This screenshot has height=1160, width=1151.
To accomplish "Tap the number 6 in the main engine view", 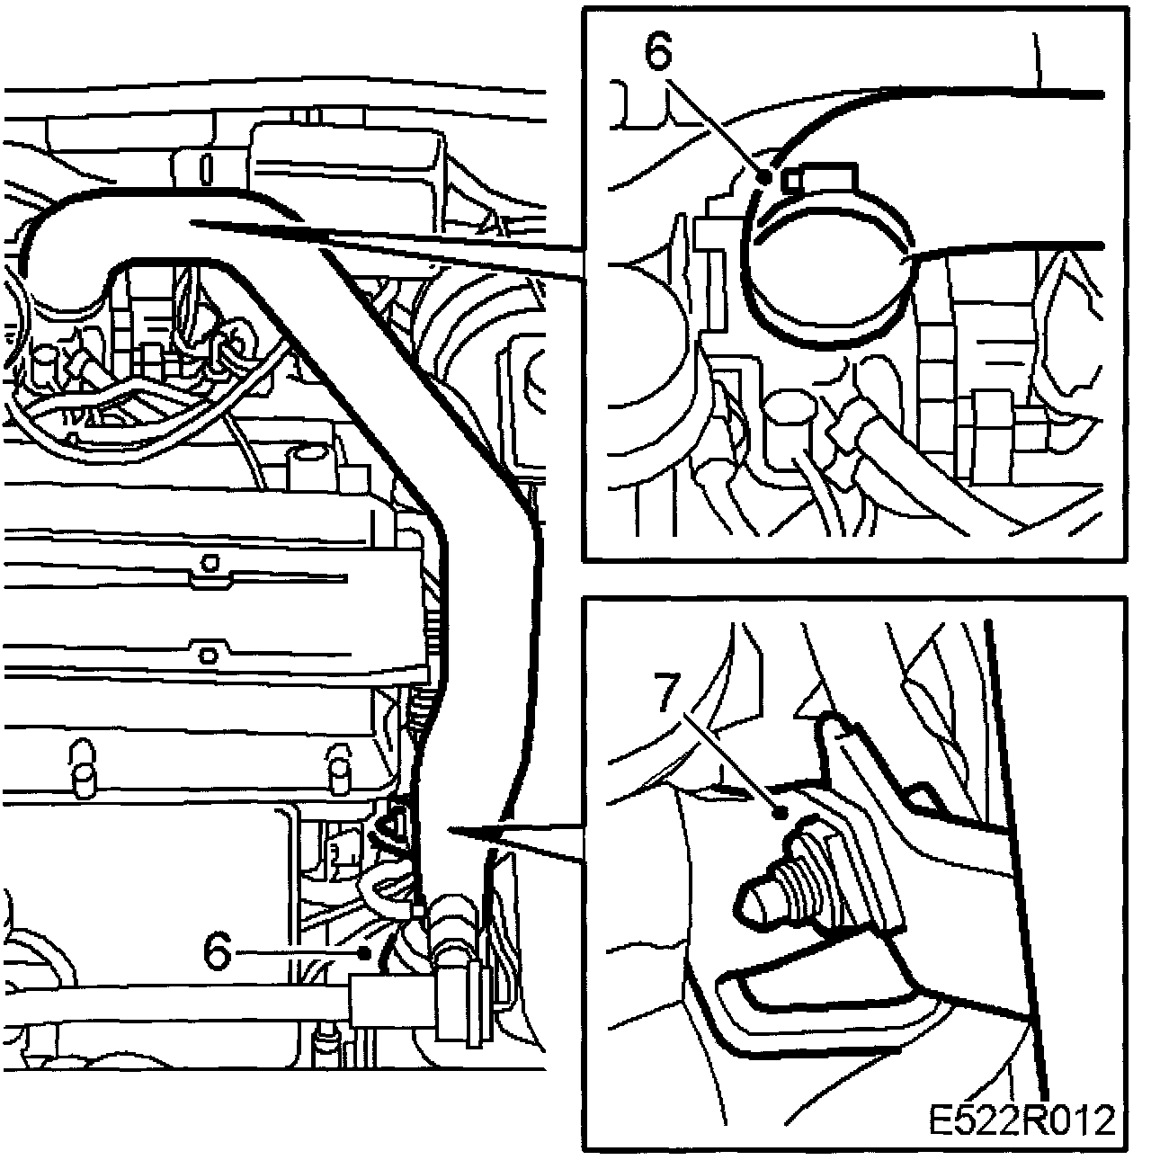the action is click(217, 950).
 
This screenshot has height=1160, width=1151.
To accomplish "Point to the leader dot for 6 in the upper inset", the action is click(765, 177).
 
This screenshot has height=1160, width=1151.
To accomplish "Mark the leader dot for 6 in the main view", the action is click(364, 952).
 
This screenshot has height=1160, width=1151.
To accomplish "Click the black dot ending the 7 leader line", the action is click(781, 814).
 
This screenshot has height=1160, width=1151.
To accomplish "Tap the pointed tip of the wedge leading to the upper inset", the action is click(191, 222).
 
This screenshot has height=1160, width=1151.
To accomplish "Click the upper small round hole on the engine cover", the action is click(209, 564).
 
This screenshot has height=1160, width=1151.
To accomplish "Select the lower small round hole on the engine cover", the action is click(208, 654).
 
